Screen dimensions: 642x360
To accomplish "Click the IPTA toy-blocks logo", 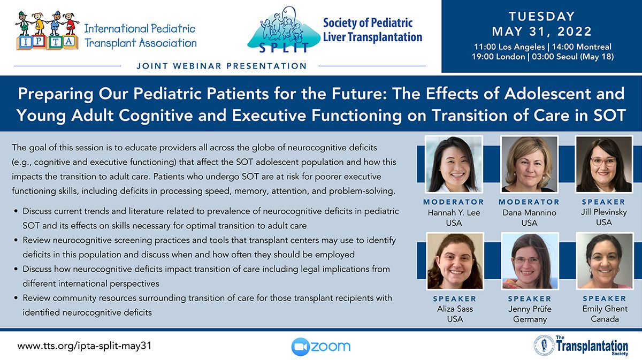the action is tap(47, 30).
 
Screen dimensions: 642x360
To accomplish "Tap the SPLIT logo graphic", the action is tap(284, 29).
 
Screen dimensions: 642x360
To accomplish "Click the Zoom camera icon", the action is tap(300, 347).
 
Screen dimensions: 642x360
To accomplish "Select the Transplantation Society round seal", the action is tap(544, 345).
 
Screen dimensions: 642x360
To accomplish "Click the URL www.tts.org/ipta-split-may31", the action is tap(85, 346).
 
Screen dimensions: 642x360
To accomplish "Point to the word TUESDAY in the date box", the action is tap(541, 17).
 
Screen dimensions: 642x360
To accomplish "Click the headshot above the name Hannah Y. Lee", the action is tap(454, 164).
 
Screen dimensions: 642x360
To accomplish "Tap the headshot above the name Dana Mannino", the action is tap(529, 164).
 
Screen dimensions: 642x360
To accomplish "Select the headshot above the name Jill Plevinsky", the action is tap(604, 164).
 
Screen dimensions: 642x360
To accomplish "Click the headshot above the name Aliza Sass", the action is tap(455, 261).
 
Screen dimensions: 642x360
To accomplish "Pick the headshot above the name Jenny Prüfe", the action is tap(530, 261).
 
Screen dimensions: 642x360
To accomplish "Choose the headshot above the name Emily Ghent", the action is tap(605, 261).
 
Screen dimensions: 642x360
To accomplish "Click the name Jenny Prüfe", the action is tap(530, 309).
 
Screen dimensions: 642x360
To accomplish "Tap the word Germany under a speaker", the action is tap(530, 319).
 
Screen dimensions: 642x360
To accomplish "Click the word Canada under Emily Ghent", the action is tap(605, 319).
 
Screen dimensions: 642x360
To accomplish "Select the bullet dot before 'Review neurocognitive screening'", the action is tap(16, 240).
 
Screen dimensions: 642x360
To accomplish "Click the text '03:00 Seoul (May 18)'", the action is tap(572, 57).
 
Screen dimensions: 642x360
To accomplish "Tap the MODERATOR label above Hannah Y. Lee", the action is tap(454, 202).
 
